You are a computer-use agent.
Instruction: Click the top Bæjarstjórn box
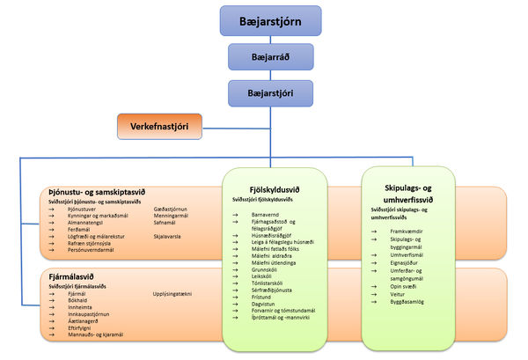click(x=270, y=19)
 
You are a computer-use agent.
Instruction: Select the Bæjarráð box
click(x=270, y=55)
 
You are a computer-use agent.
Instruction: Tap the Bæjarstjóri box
click(x=270, y=92)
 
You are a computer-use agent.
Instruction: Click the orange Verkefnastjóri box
click(x=159, y=125)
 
